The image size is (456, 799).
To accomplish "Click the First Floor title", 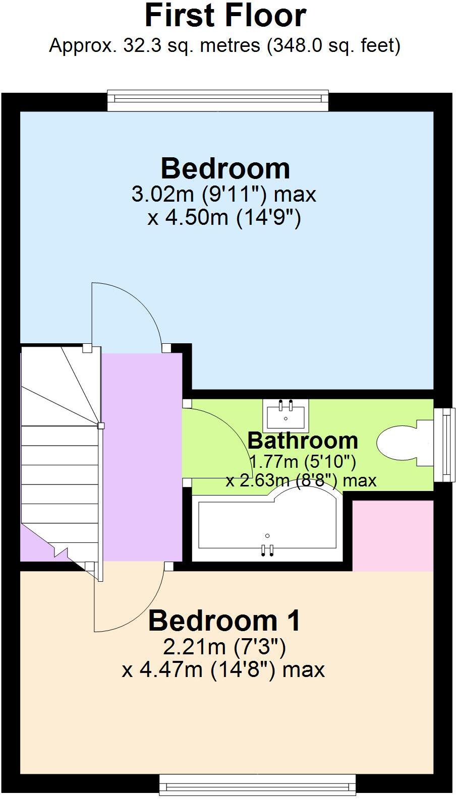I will pos(225,16).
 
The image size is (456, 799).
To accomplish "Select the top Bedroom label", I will pos(225,168).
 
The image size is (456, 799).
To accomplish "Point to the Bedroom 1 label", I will pos(224,621).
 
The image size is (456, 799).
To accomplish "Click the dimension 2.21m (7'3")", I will pos(224,646).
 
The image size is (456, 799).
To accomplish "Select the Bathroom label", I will pos(303,441).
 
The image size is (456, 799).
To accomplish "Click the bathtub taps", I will pos(267,550).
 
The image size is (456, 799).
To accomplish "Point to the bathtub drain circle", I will pos(267,536).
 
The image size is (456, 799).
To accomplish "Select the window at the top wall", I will pos(218,100).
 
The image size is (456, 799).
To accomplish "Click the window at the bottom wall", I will pos(257,785).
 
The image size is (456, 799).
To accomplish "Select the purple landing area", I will pos(142,454).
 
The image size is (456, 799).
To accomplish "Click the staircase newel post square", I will pos(101,426).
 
